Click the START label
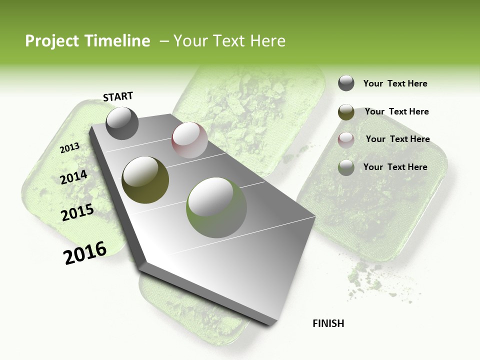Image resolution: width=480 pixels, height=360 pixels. pos(118,96)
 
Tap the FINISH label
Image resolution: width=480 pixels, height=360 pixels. pos(328,323)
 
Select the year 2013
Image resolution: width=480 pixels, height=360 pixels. pos(69,147)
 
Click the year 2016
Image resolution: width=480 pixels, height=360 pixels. pos(85,252)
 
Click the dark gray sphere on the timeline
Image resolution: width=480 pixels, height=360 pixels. pos(122,123)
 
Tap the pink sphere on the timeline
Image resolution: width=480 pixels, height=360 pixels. pos(189,140)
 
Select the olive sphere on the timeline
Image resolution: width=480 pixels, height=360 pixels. pos(145,179)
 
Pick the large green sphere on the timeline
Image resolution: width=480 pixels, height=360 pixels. pos(216,207)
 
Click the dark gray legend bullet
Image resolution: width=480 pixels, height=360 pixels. pos(346,83)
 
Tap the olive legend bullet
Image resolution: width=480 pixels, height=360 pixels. pos(346,112)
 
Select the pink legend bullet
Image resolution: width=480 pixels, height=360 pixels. pos(346,140)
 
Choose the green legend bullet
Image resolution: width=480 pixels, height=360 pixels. pos(346,167)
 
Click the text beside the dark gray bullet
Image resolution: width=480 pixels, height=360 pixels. pos(395,83)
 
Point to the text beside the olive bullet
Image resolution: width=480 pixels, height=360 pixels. pos(396,111)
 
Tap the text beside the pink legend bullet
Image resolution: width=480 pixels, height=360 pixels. pos(397,139)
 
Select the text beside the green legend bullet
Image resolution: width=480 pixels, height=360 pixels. pos(395,167)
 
